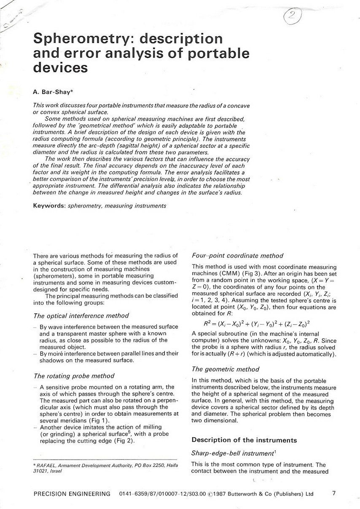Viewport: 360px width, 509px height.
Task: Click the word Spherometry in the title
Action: click(80, 39)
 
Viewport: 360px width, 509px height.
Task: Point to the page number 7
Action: click(334, 493)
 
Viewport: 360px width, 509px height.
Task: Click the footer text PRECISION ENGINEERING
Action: click(72, 494)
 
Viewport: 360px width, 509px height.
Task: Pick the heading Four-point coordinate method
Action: click(237, 256)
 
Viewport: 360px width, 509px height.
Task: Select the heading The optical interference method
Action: click(81, 315)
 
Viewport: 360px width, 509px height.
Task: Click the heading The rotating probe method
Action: click(74, 376)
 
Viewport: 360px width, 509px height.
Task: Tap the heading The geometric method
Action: click(226, 369)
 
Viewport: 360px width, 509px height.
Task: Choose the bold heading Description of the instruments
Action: click(244, 440)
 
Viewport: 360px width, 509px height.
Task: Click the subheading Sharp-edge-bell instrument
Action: click(233, 453)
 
